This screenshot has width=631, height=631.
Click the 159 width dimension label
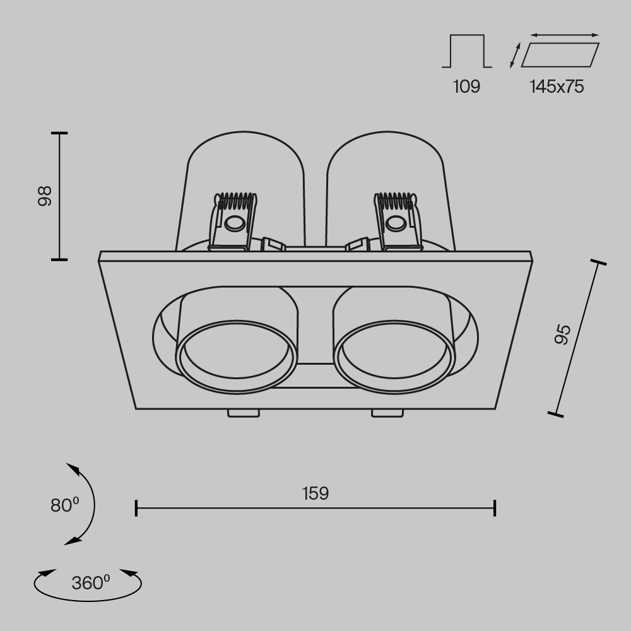(315, 493)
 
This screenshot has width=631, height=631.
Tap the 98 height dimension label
(45, 196)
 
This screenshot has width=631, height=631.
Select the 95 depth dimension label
(562, 334)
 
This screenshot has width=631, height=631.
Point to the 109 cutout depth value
(466, 86)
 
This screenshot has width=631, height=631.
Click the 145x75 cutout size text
(557, 86)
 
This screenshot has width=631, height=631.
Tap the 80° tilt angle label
(64, 505)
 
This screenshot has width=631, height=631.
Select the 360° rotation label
(90, 582)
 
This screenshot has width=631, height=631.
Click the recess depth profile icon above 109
(467, 51)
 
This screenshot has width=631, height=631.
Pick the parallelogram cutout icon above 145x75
(560, 55)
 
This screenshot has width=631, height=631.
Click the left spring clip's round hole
(235, 224)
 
